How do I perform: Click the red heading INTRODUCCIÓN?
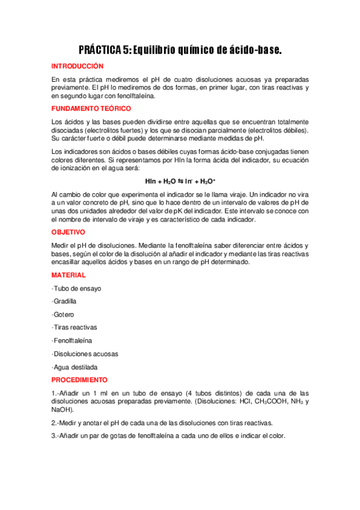(x=78, y=66)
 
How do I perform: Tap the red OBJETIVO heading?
(x=68, y=232)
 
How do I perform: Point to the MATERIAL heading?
(x=69, y=275)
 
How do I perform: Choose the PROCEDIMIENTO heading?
(x=79, y=380)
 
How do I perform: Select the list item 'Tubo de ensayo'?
(x=77, y=288)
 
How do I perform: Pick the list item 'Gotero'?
(x=63, y=315)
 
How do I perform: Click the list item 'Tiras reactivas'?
(x=75, y=327)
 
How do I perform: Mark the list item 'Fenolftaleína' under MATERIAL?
(x=72, y=340)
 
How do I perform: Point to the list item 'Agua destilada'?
(x=75, y=367)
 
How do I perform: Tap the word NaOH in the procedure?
(x=62, y=410)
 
